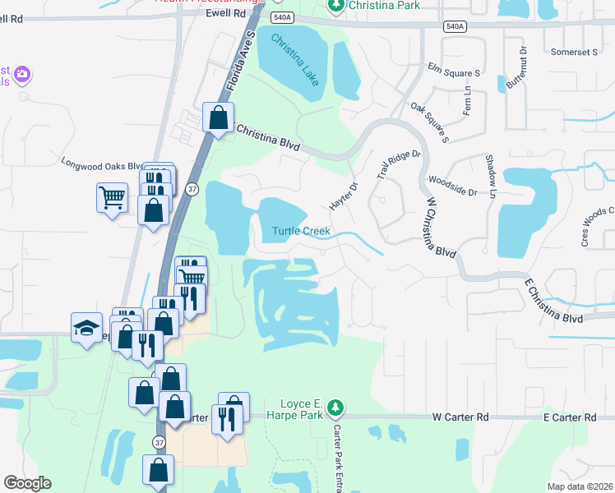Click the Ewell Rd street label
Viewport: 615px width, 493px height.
coord(227,14)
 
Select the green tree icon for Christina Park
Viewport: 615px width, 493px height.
coord(335,6)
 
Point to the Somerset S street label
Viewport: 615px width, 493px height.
coord(575,52)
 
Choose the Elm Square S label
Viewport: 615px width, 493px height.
coord(453,73)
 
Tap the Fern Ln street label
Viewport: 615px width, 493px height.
coord(468,99)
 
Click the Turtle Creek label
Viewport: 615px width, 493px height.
coord(302,232)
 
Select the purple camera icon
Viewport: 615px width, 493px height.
coord(21,76)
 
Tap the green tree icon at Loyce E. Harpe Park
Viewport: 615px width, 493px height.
coord(335,408)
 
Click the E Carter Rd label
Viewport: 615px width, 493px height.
coord(569,417)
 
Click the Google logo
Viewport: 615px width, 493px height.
coord(27,483)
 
